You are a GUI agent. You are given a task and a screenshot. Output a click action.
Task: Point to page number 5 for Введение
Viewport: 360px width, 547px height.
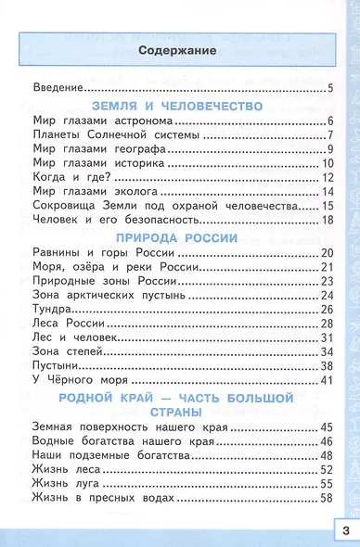[329, 88]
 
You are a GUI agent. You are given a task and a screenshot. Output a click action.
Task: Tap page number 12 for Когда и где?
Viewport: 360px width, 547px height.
[327, 176]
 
